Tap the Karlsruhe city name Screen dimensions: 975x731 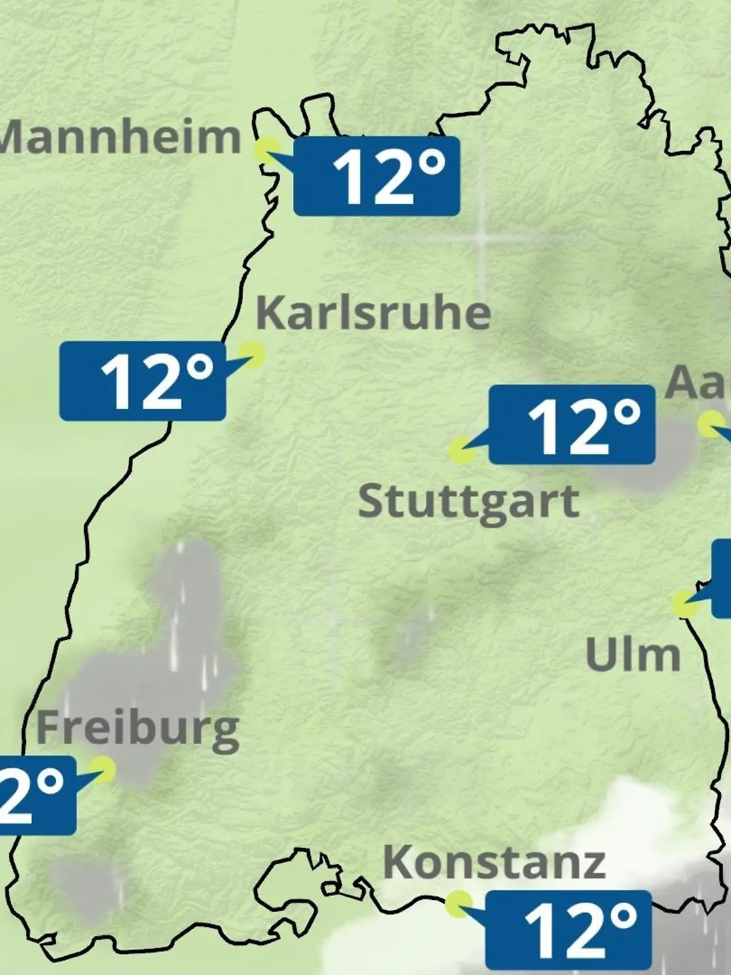(x=373, y=313)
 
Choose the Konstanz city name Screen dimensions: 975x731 (x=494, y=862)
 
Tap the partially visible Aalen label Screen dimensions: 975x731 (x=698, y=383)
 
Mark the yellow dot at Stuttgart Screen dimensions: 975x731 (x=462, y=451)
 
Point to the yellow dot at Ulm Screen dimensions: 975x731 (x=685, y=603)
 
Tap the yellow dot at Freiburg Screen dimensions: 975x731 (x=102, y=769)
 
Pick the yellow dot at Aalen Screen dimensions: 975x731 (x=710, y=424)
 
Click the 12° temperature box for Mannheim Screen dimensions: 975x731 (x=376, y=176)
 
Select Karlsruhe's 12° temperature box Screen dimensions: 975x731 (x=143, y=381)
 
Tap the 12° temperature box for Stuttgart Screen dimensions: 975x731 (x=572, y=424)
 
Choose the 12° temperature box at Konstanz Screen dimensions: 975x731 (x=568, y=930)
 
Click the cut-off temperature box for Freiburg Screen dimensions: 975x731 (x=37, y=795)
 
